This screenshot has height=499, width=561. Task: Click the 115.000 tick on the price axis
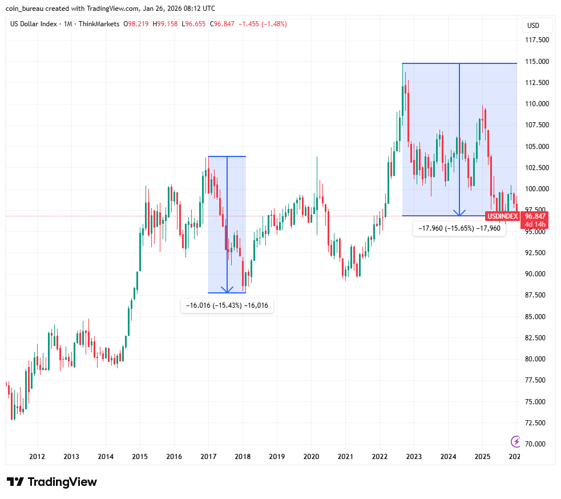click(x=536, y=62)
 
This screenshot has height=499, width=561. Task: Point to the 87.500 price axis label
click(x=536, y=295)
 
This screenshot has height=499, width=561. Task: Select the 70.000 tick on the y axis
click(x=536, y=444)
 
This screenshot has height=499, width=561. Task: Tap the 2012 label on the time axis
click(x=37, y=457)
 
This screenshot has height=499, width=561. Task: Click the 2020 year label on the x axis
click(x=311, y=457)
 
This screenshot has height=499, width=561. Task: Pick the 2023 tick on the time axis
click(x=414, y=457)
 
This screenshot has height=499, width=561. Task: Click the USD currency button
click(x=533, y=26)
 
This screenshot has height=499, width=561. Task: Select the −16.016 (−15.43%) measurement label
click(x=227, y=306)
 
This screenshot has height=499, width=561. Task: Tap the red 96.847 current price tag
click(x=535, y=216)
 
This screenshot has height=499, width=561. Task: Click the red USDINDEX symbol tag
click(x=502, y=216)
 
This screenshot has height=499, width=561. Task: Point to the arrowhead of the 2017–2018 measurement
click(x=227, y=289)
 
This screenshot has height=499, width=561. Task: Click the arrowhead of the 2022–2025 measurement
click(x=459, y=212)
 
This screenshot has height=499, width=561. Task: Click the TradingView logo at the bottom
click(x=52, y=482)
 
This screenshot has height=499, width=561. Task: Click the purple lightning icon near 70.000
click(x=516, y=441)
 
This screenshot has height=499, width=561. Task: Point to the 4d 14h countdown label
click(x=535, y=224)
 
